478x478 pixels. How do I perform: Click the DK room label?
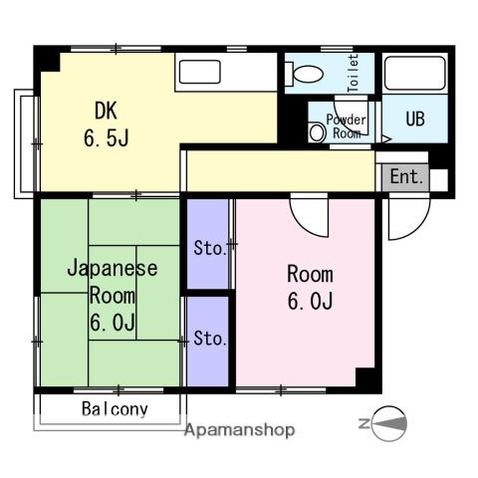tap(106, 111)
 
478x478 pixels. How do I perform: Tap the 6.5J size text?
tap(107, 138)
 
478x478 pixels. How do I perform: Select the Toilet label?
tap(353, 73)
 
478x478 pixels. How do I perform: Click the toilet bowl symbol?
tap(305, 74)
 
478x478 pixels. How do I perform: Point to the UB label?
tap(415, 119)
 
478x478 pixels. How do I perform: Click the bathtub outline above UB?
tap(415, 73)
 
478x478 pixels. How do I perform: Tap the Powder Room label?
tap(347, 126)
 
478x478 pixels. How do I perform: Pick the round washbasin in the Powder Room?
tap(317, 132)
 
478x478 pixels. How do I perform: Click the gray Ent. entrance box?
tap(405, 177)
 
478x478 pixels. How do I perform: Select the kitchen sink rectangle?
tap(200, 72)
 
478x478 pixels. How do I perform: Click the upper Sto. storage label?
tap(210, 248)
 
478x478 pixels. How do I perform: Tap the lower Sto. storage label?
tap(210, 339)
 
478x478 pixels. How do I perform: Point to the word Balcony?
tap(115, 409)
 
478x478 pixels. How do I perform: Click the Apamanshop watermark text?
tap(240, 430)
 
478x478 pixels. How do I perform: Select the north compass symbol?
tap(385, 424)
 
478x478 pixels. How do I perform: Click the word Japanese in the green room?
tap(113, 268)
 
